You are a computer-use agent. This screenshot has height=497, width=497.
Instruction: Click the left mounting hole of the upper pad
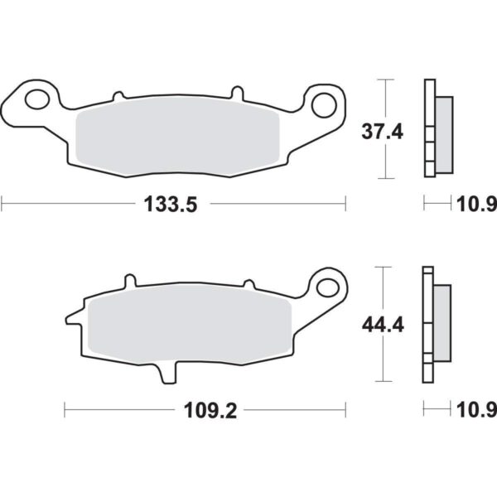point(36,100)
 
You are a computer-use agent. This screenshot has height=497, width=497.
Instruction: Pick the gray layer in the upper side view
point(443,133)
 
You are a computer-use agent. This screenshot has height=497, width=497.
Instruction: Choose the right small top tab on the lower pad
point(246,284)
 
